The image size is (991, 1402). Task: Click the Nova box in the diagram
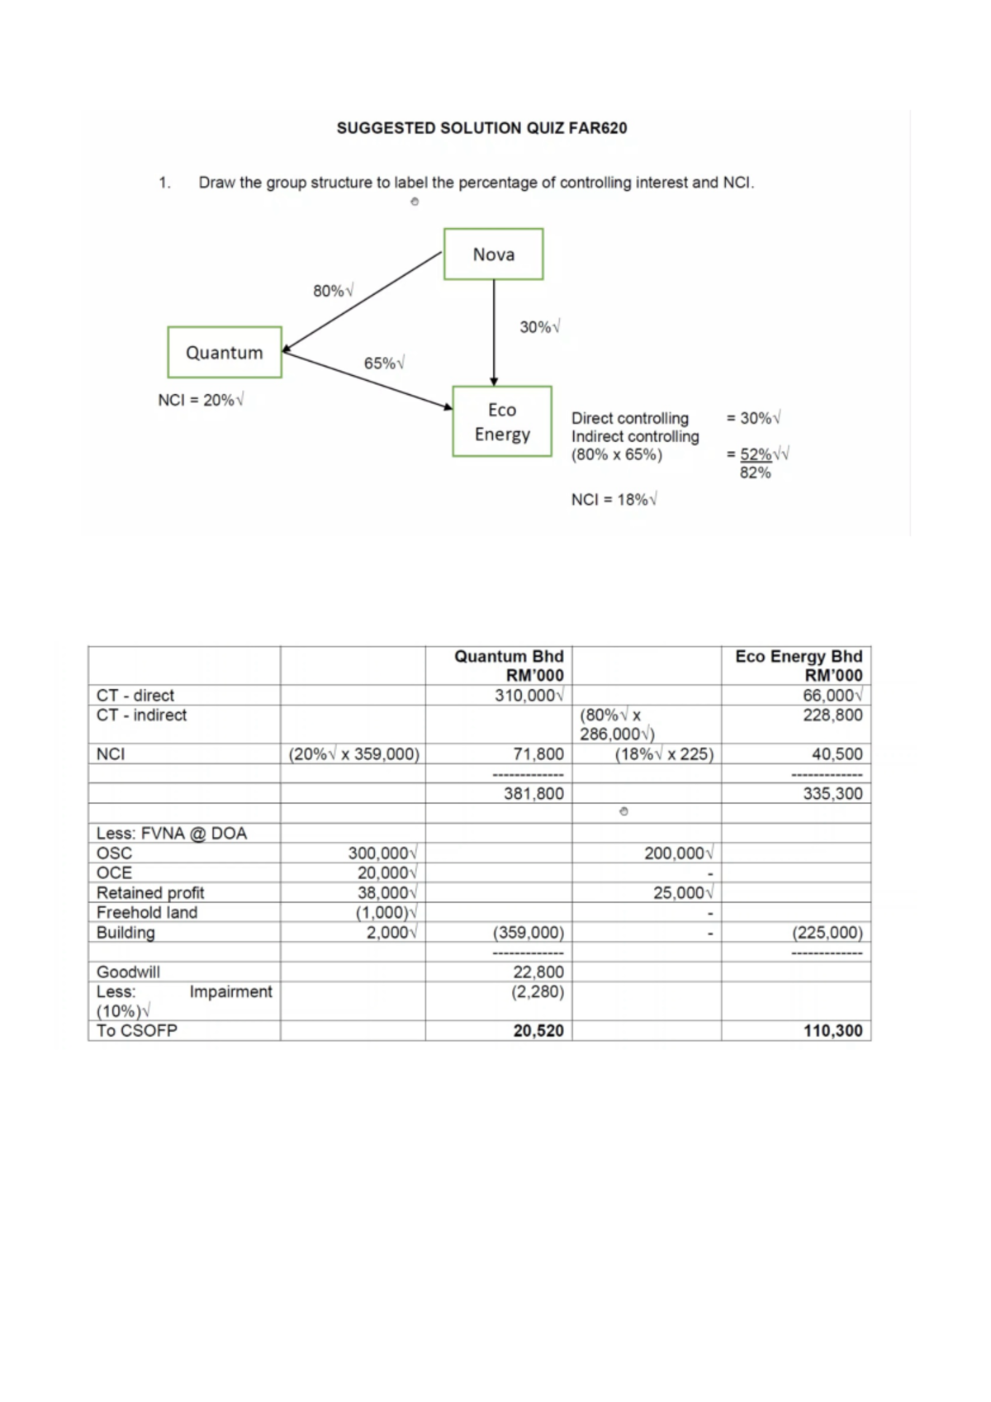[493, 254]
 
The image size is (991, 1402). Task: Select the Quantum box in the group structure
[225, 353]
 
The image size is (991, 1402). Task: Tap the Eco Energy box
[502, 421]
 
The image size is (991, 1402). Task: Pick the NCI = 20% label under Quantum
[201, 400]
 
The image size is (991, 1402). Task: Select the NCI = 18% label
[614, 500]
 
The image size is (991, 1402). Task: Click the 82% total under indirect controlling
[755, 473]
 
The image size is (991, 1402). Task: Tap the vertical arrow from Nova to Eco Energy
[494, 330]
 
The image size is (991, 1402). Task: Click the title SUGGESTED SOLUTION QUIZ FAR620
[481, 128]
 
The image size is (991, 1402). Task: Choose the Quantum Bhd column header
[509, 665]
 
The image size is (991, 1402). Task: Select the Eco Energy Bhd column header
[799, 665]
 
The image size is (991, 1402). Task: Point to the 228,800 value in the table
[832, 715]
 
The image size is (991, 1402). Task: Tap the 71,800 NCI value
[538, 754]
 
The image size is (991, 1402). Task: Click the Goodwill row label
[129, 972]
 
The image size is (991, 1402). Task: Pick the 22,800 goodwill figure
[538, 972]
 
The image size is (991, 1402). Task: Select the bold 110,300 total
[832, 1031]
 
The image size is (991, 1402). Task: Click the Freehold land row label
[147, 913]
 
